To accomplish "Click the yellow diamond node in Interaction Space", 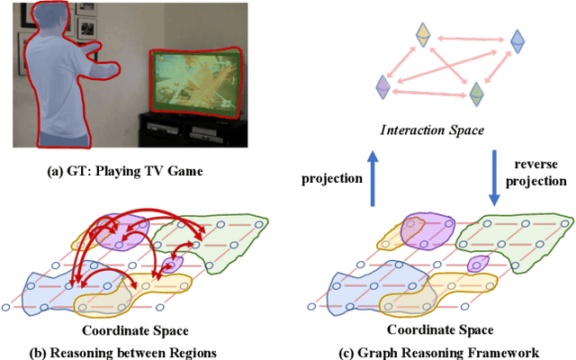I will pyautogui.click(x=422, y=34).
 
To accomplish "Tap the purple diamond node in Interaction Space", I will pyautogui.click(x=382, y=86).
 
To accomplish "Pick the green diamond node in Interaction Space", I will pyautogui.click(x=478, y=93).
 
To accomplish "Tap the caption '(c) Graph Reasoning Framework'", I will pyautogui.click(x=434, y=350).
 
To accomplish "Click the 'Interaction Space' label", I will pyautogui.click(x=432, y=130).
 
